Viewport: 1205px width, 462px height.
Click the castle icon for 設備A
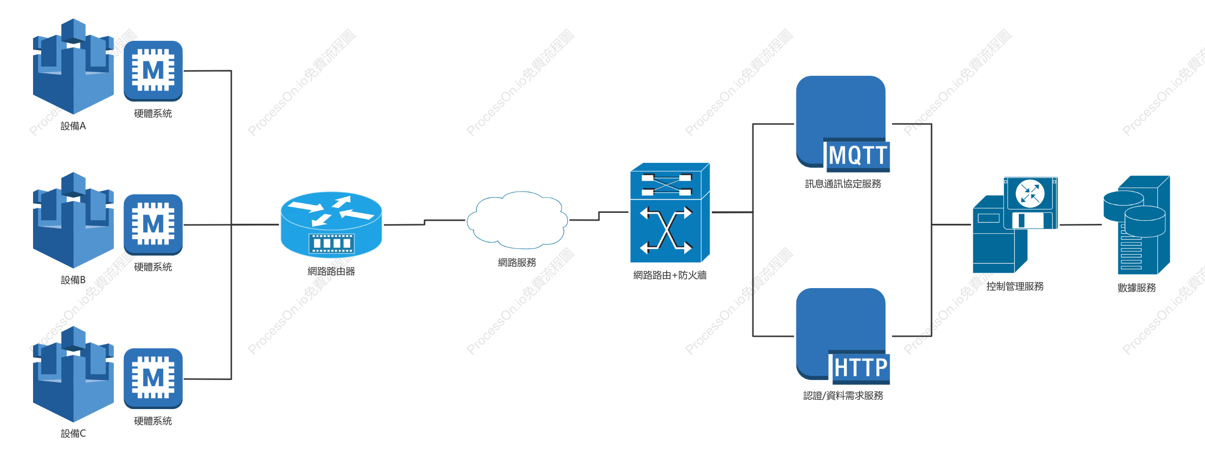[73, 67]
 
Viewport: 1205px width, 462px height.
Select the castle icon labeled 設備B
[73, 220]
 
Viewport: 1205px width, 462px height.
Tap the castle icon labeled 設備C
[73, 374]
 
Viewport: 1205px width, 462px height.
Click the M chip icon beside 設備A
[153, 71]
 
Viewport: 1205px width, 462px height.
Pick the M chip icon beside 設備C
[153, 378]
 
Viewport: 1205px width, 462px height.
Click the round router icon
[331, 224]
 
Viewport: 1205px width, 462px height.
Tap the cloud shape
[517, 220]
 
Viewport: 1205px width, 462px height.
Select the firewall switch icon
[670, 213]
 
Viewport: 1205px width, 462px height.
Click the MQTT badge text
[859, 155]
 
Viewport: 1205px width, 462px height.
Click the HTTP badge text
[861, 368]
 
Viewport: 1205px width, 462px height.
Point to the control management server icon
[1015, 225]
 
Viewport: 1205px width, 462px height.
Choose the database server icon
[1136, 225]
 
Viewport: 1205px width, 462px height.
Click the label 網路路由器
[331, 271]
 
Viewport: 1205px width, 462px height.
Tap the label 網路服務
[517, 262]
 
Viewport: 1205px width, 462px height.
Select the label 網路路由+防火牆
[670, 275]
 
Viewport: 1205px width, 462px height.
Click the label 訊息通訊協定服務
[843, 184]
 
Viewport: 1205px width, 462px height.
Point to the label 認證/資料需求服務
[843, 395]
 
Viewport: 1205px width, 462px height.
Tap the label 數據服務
[1136, 288]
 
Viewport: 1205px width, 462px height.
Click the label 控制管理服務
[1015, 286]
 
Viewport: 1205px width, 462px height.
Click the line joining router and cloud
[424, 222]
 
